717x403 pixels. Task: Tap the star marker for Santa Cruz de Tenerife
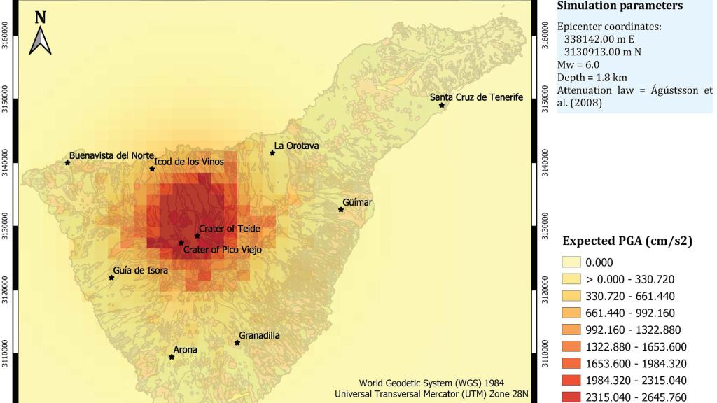tap(442, 105)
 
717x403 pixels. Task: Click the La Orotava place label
tap(296, 146)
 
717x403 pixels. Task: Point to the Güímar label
tap(358, 202)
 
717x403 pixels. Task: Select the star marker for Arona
tap(172, 357)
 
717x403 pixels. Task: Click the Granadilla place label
tap(259, 335)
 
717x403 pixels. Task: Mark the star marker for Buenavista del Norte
tap(68, 162)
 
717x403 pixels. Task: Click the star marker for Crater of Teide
tap(197, 236)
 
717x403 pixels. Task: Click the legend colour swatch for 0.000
tap(571, 262)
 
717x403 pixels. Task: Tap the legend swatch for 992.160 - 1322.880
tap(571, 330)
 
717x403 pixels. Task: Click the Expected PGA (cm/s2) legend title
tap(627, 241)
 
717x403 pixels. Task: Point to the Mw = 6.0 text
tap(578, 64)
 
